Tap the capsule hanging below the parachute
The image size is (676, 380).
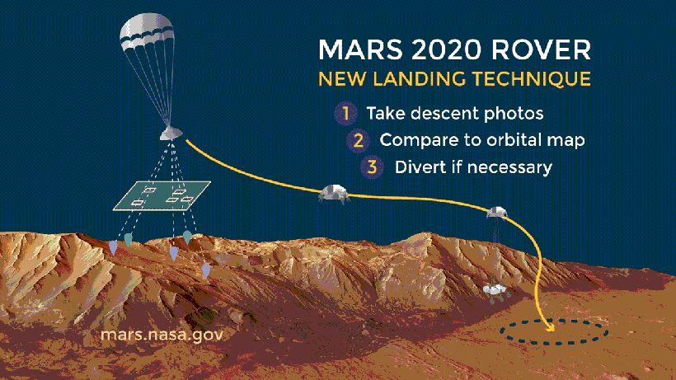171,134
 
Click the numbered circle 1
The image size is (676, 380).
345,113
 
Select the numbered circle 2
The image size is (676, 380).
359,140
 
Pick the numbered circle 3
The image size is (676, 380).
372,167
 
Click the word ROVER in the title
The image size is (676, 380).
541,49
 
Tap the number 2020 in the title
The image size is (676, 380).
446,49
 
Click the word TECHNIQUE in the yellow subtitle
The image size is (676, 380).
531,79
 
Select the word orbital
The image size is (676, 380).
506,140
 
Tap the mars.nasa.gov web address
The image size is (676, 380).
162,335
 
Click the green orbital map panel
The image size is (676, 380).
162,195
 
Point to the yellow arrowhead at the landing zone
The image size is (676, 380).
549,326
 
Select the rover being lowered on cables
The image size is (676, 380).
496,292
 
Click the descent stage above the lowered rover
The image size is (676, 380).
497,212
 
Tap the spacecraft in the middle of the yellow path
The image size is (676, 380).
334,194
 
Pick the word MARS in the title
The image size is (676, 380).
360,49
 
